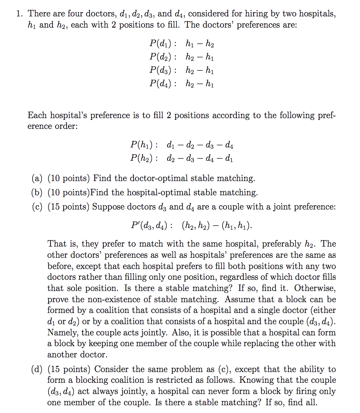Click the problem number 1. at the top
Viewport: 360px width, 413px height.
(x=19, y=14)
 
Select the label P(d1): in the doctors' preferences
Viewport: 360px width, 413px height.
(x=162, y=43)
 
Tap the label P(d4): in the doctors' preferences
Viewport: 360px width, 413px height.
(x=162, y=84)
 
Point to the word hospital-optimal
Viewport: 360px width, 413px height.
(x=158, y=192)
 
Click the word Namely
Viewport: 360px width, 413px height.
(x=63, y=332)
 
